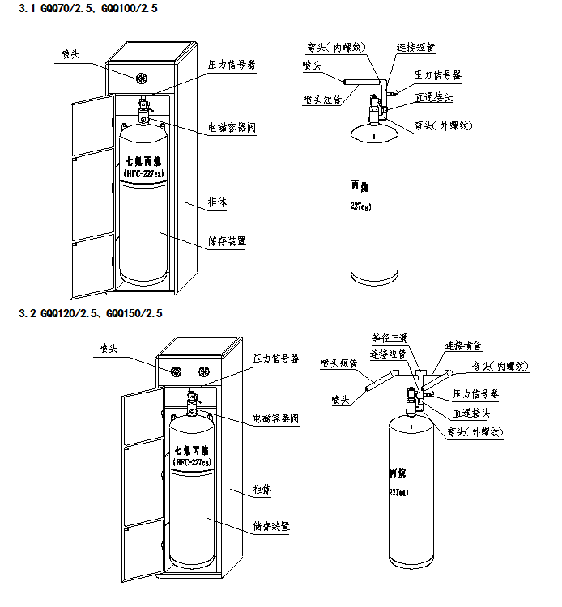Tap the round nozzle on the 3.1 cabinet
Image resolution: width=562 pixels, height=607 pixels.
pos(141,79)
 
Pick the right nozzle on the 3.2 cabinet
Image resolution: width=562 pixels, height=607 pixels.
pos(203,371)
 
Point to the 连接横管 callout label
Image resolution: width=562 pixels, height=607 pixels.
pos(463,345)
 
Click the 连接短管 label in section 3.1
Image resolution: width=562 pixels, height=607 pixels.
pos(415,47)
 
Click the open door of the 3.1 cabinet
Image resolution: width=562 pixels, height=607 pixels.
pos(89,194)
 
